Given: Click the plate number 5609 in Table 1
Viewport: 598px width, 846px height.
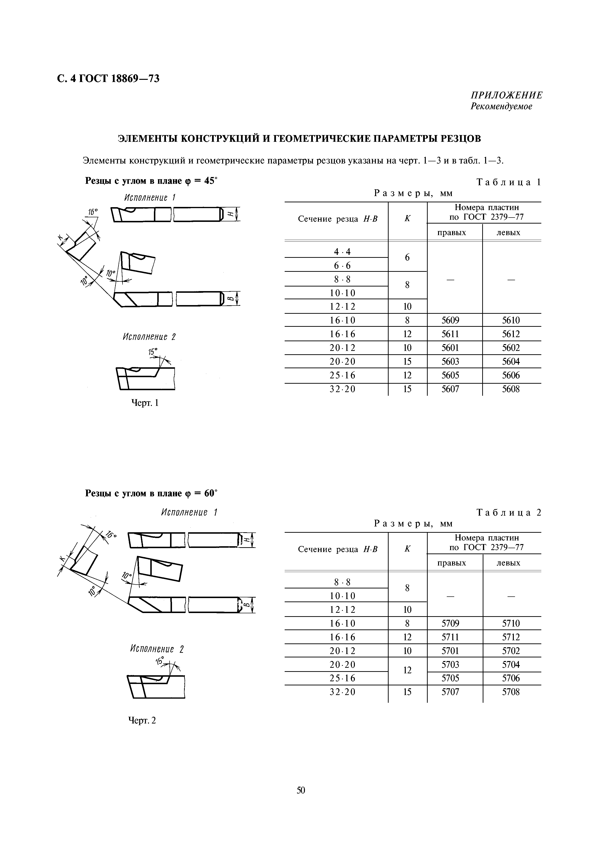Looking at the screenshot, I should (450, 320).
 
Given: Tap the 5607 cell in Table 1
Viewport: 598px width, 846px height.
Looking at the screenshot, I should (450, 389).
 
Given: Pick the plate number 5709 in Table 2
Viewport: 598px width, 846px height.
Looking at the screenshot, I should (450, 623).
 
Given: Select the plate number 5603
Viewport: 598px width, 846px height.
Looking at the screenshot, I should (450, 362).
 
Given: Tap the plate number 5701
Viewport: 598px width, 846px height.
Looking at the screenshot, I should (450, 651).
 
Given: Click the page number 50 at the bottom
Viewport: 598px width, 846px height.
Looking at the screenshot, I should (301, 790).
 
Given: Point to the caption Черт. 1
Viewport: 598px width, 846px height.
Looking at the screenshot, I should (145, 403).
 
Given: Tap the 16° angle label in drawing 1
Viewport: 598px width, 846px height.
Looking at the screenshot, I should (92, 212).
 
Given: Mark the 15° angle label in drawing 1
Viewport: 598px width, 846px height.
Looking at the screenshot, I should (152, 352).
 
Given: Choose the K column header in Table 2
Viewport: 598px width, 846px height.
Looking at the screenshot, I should (407, 549).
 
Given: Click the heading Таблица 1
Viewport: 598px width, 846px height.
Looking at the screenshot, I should (509, 182).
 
